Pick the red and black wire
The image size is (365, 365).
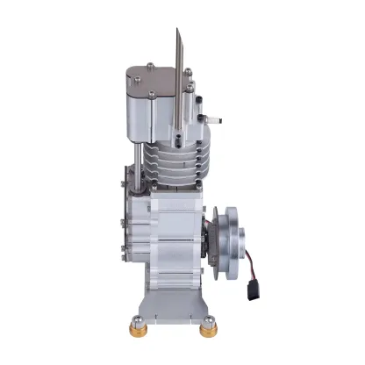tap(249, 264)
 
